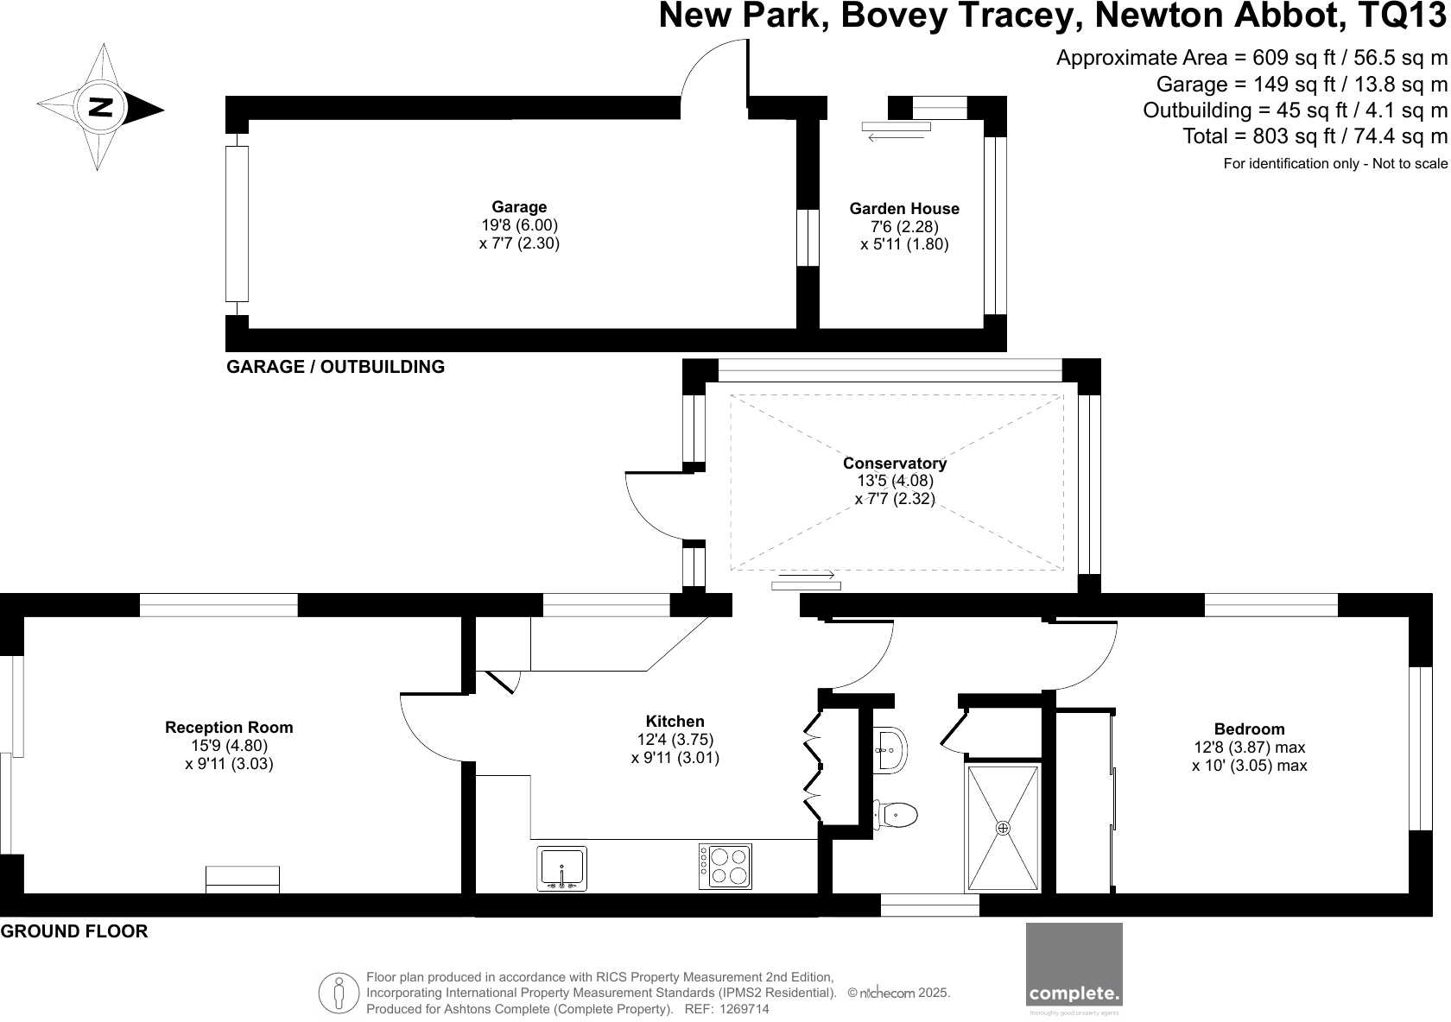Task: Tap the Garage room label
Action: [519, 207]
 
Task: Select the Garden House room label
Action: [904, 209]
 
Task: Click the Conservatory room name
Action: [895, 464]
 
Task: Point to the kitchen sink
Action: [561, 868]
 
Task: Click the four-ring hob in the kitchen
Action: [725, 867]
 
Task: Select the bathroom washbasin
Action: [890, 748]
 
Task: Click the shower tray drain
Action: [1003, 828]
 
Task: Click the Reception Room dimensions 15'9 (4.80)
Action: [229, 746]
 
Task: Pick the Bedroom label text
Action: [1249, 729]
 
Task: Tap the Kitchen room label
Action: [675, 722]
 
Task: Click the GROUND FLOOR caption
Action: [74, 931]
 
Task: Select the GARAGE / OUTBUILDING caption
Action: [335, 367]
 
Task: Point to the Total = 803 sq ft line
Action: [1315, 136]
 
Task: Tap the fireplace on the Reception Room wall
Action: [243, 880]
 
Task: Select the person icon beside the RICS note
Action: [339, 993]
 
